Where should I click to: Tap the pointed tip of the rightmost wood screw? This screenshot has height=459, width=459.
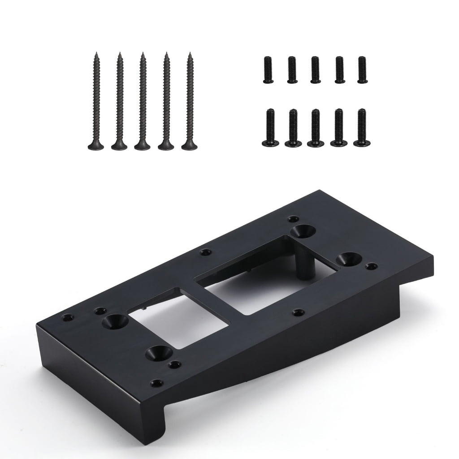[x=190, y=54]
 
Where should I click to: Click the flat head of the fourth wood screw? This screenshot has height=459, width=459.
[x=166, y=145]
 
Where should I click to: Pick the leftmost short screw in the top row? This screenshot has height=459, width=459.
[x=268, y=69]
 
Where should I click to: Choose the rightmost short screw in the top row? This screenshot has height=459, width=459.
[x=362, y=69]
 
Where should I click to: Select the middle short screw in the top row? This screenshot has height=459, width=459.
[x=315, y=69]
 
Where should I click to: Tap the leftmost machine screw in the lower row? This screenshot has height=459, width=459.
[x=270, y=128]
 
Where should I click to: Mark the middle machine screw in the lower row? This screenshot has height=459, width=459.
[x=316, y=128]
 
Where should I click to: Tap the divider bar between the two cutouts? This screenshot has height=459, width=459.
[x=220, y=298]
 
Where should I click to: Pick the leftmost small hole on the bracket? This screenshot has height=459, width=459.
[x=67, y=317]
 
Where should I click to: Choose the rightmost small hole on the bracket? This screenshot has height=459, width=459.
[x=371, y=266]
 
